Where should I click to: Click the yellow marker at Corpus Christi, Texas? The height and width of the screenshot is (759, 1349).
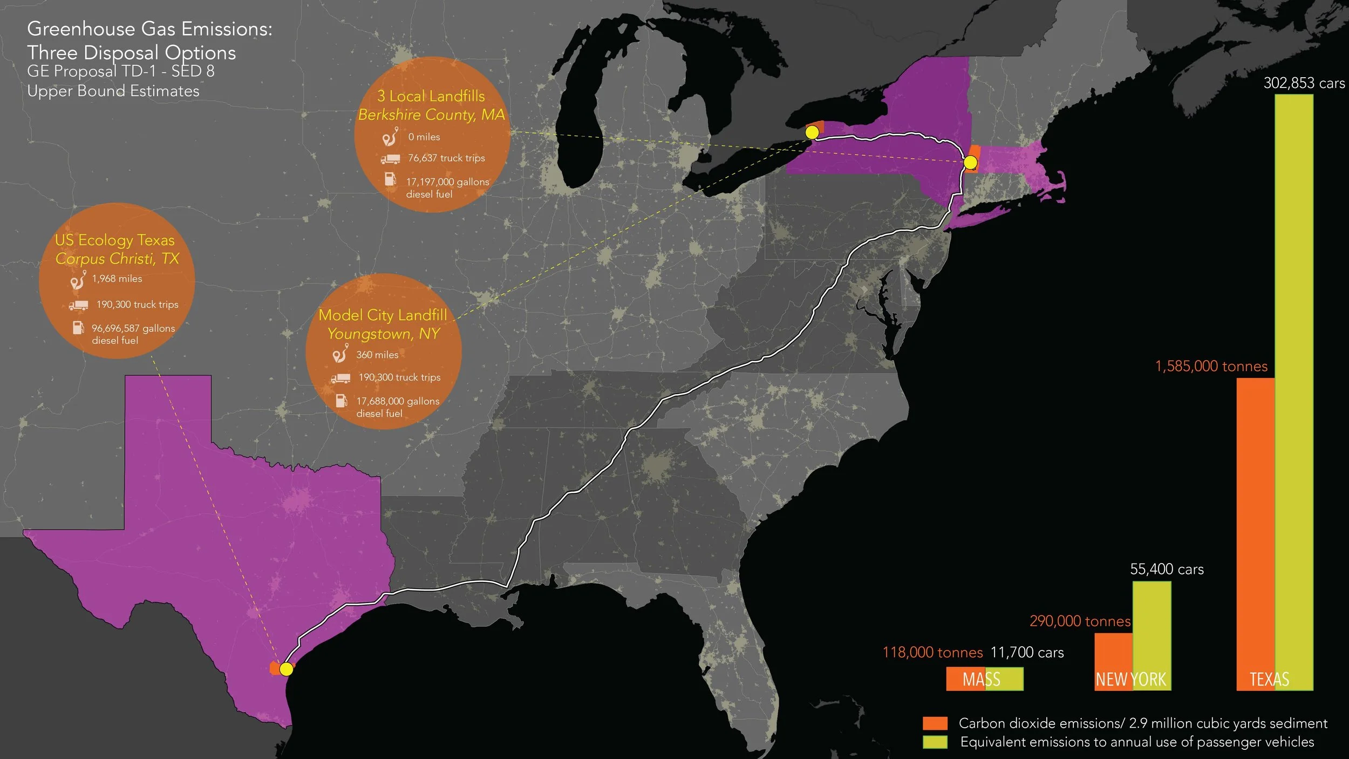point(286,669)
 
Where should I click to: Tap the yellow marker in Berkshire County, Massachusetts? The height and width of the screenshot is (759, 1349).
point(970,162)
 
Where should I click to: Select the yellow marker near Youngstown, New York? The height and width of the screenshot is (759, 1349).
point(812,132)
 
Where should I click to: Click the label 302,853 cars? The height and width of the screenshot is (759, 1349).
point(1304,83)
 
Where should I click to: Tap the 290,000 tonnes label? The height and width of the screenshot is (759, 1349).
point(1080,621)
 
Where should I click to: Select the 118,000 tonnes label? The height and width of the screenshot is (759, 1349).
point(932,652)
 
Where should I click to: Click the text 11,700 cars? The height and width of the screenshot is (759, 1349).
point(1027,652)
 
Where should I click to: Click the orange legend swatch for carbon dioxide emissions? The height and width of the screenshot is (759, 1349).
point(935,723)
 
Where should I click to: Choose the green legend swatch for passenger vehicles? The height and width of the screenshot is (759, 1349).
point(935,742)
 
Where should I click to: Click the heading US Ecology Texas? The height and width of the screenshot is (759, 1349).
point(114,240)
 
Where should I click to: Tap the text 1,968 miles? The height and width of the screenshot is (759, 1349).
point(117,279)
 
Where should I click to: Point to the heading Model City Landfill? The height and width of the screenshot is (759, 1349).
point(383,315)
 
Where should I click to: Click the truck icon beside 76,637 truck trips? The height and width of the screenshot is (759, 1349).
point(390,159)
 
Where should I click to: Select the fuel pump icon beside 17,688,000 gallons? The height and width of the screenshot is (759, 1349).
point(341,401)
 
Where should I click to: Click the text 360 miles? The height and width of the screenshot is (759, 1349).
point(377,355)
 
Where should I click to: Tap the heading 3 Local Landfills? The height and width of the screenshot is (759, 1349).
point(431,96)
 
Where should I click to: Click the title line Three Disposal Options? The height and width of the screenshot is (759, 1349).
point(131,52)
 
